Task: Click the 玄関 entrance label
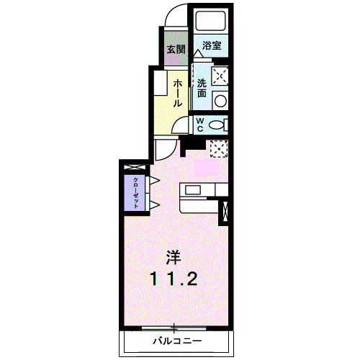point(175,50)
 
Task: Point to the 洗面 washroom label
point(202,87)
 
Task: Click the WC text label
point(201,125)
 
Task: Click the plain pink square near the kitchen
point(205,167)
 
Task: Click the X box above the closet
point(135,168)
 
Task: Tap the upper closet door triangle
point(153,180)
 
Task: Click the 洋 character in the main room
point(173,257)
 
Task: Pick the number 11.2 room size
point(173,279)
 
